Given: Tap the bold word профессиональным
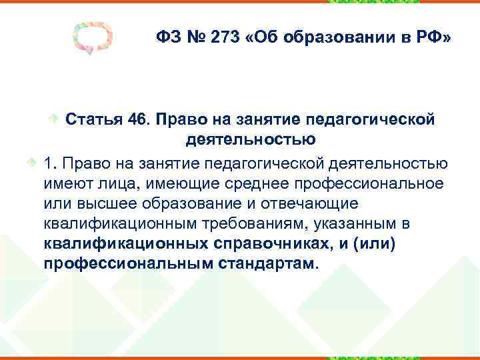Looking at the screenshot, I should pyautogui.click(x=128, y=263).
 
